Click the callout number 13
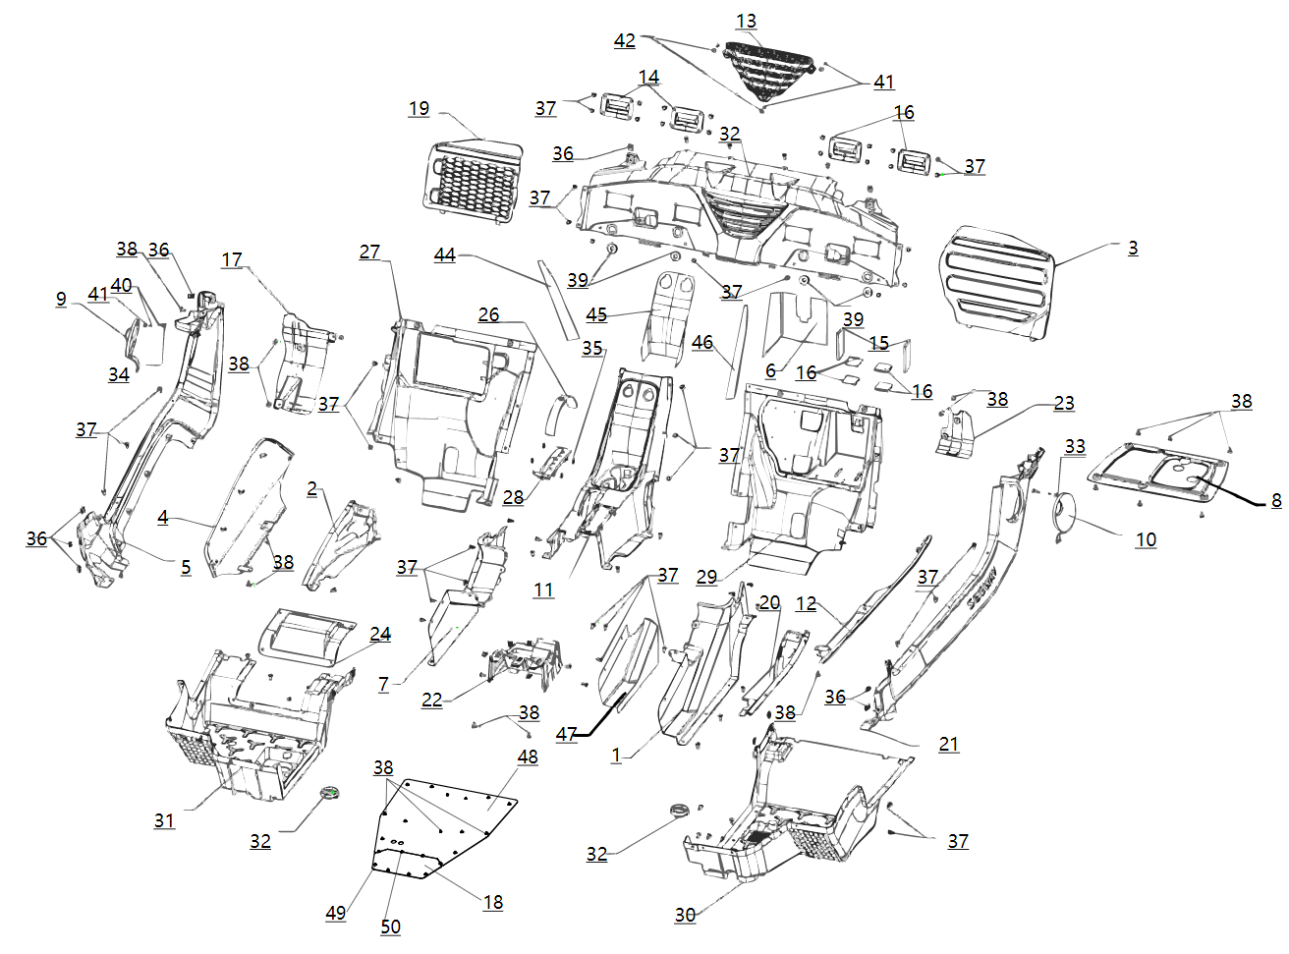[746, 21]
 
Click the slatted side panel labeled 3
[994, 281]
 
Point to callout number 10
[1146, 539]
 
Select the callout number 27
[369, 252]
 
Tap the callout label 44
[444, 254]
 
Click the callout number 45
[596, 314]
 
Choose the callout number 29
[706, 577]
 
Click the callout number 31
[164, 819]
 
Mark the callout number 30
[685, 914]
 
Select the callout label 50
[390, 926]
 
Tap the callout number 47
[566, 734]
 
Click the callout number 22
[432, 700]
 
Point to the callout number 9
[61, 299]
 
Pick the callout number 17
[232, 259]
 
